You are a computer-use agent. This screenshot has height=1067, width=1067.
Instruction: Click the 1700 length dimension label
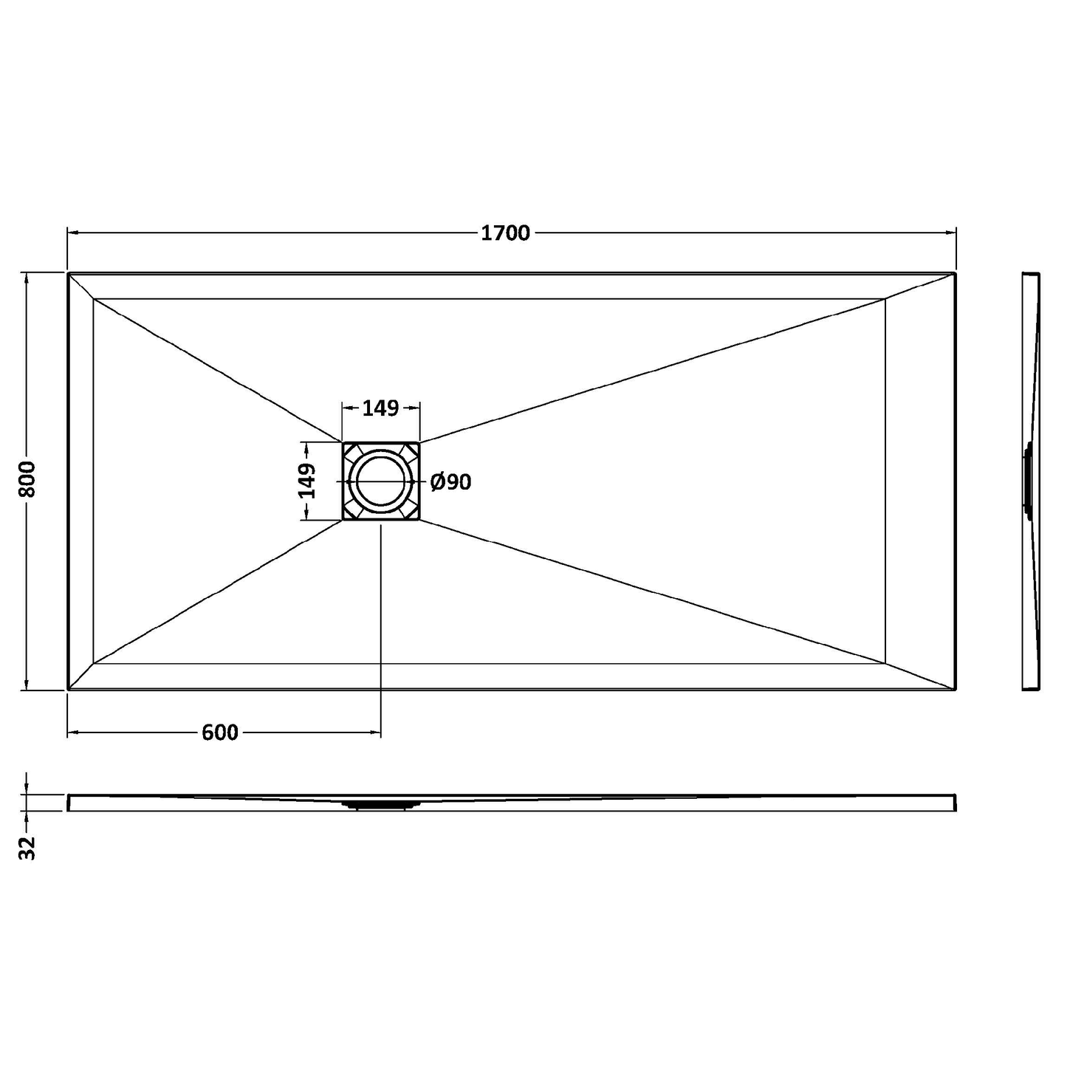(505, 233)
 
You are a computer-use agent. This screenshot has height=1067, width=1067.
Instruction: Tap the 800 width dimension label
(27, 479)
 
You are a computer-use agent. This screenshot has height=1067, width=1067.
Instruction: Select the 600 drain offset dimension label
(220, 733)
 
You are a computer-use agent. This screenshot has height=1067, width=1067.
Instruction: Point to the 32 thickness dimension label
(27, 848)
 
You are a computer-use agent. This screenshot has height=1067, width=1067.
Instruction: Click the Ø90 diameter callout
(450, 481)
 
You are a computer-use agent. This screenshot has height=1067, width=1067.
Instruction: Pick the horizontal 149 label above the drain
(380, 408)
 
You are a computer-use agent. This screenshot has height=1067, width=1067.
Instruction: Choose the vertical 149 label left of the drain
(306, 481)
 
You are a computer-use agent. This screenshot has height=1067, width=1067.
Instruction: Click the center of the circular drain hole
(381, 481)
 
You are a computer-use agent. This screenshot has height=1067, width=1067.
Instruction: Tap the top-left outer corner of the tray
(68, 273)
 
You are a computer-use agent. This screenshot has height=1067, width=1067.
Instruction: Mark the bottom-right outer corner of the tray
(956, 690)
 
